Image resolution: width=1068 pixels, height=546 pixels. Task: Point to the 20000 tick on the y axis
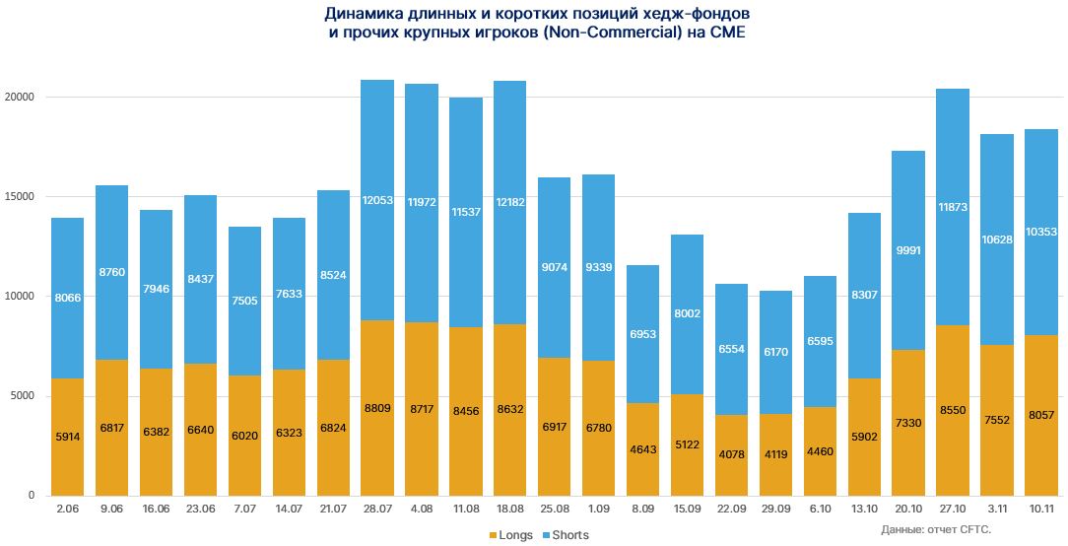pyautogui.click(x=20, y=98)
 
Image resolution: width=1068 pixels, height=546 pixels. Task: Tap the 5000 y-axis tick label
pyautogui.click(x=23, y=396)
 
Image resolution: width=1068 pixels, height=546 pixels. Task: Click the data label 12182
pyautogui.click(x=509, y=201)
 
